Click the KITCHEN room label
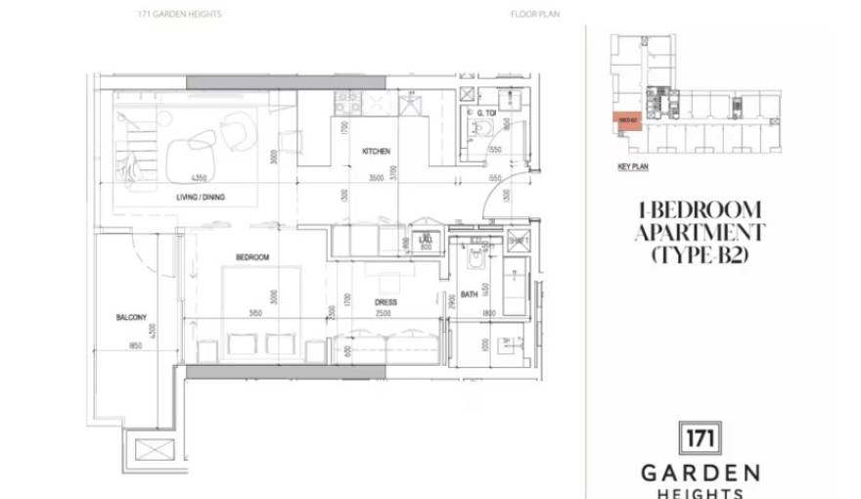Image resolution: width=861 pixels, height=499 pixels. tap(377, 152)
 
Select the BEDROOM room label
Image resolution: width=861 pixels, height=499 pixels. tap(251, 257)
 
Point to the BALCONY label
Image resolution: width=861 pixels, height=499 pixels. tap(130, 317)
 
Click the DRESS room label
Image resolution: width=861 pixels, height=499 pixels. tap(385, 302)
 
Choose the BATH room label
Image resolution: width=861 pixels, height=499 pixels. tap(470, 295)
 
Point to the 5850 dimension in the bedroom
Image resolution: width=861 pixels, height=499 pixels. tap(255, 314)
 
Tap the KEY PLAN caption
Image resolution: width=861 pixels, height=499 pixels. tap(633, 167)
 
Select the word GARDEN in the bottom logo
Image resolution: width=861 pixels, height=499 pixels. tap(700, 473)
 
